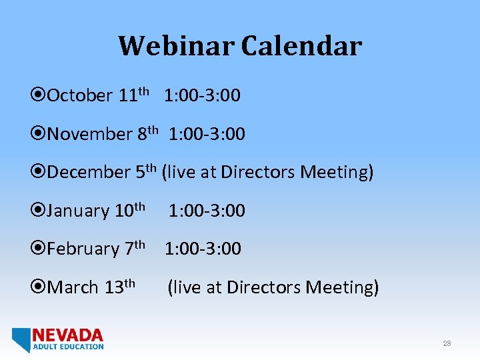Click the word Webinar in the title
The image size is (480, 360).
[x=177, y=46]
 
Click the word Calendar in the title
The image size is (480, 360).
[x=301, y=46]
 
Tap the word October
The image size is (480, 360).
[x=80, y=96]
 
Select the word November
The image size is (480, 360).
[x=90, y=135]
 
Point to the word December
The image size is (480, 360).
[x=89, y=173]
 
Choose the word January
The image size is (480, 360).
[x=79, y=211]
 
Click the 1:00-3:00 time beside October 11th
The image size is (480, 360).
[x=203, y=96]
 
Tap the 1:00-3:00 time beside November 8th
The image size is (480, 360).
[x=207, y=135]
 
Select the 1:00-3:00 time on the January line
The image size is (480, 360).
[x=207, y=211]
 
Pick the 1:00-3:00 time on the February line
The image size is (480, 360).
[x=203, y=249]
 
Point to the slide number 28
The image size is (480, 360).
[x=447, y=343]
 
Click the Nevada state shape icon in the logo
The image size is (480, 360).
[x=21, y=339]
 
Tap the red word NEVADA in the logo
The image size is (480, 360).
[x=68, y=335]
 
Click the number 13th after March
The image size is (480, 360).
[x=120, y=287]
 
